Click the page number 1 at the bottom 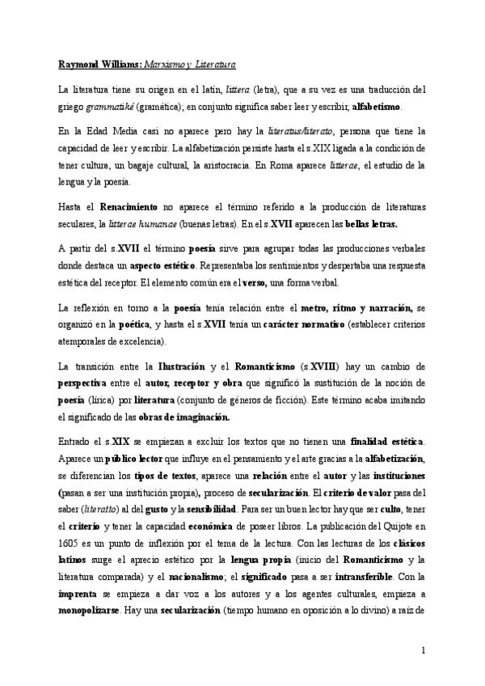point(424,650)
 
